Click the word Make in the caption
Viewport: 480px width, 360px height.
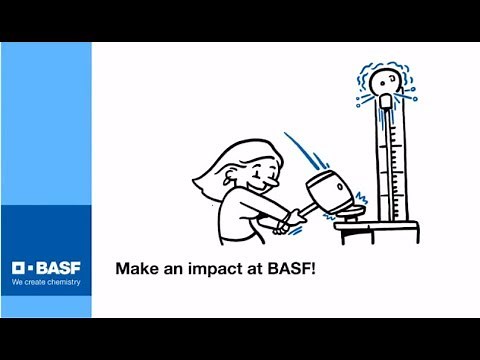point(135,269)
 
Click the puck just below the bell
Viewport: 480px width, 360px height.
point(385,103)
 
